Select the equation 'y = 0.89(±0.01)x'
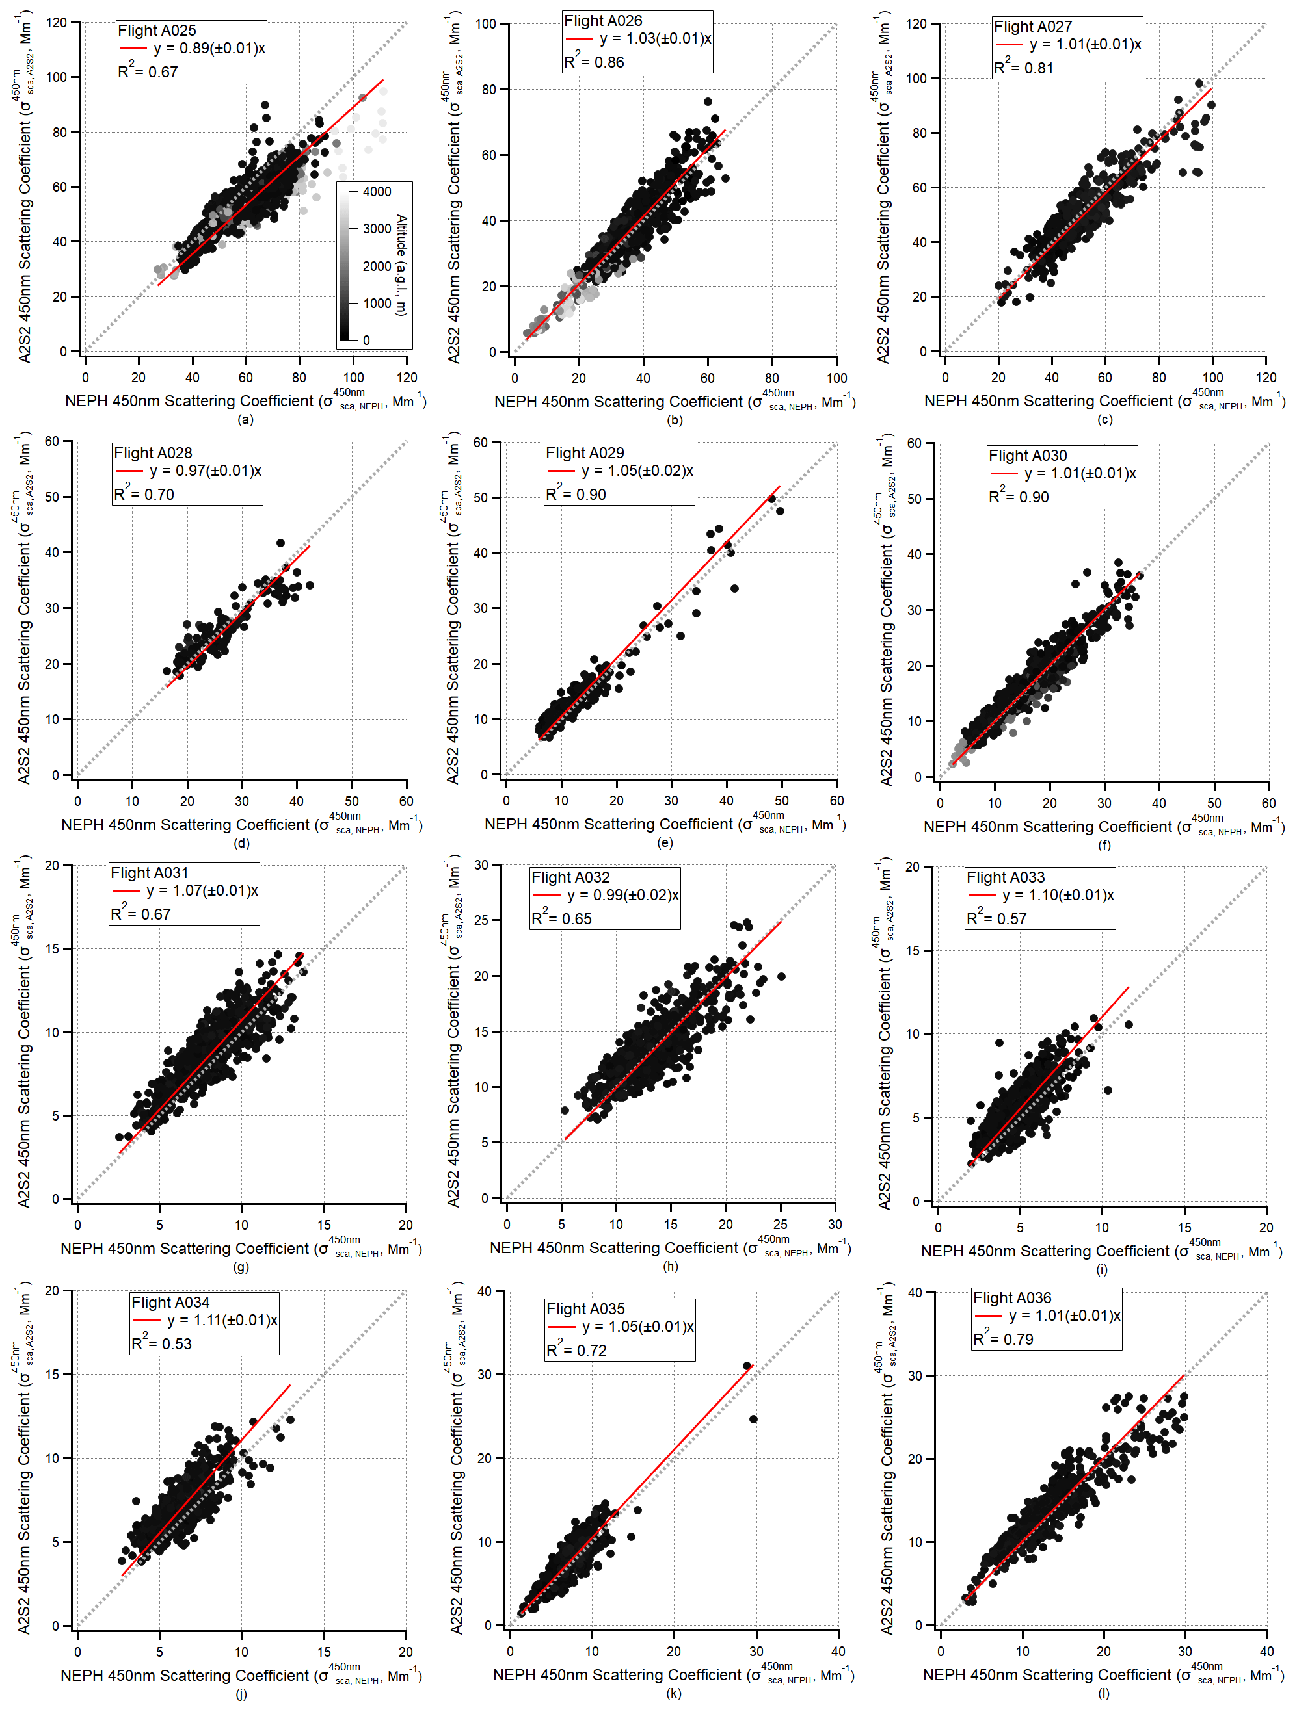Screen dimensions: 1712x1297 pyautogui.click(x=209, y=48)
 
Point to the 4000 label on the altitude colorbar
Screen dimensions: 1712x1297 pyautogui.click(x=377, y=191)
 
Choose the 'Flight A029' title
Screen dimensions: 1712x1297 pyautogui.click(x=585, y=453)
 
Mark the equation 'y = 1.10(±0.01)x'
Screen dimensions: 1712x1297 pyautogui.click(x=1058, y=895)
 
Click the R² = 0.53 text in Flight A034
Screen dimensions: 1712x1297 pyautogui.click(x=161, y=1343)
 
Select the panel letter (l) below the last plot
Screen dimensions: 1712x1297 pyautogui.click(x=1103, y=1693)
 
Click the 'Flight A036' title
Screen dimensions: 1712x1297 pyautogui.click(x=1012, y=1298)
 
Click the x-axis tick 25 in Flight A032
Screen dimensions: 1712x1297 pyautogui.click(x=781, y=1225)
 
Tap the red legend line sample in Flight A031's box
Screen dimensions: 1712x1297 pyautogui.click(x=126, y=891)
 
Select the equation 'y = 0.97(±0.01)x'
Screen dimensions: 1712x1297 pyautogui.click(x=205, y=471)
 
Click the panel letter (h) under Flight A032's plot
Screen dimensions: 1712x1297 pyautogui.click(x=671, y=1267)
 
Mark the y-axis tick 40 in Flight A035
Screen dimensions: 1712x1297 pyautogui.click(x=485, y=1291)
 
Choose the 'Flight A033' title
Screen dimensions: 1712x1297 pyautogui.click(x=1005, y=877)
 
